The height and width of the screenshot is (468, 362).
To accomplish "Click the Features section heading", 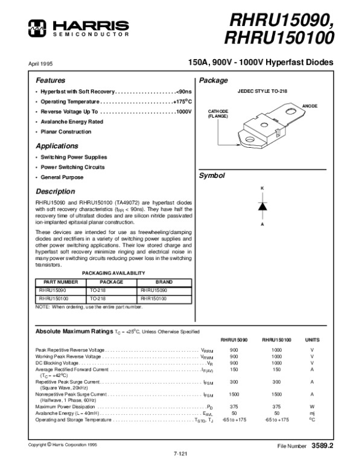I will pos(50,80).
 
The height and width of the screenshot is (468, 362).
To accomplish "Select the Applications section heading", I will pos(57,146).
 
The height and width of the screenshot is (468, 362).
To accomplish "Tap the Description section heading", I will pos(56,191).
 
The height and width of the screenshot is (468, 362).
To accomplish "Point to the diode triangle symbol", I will pos(262,205).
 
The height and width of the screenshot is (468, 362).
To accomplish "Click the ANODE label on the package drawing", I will pos(310,106).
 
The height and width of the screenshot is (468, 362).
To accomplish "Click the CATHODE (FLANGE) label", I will pos(219,114).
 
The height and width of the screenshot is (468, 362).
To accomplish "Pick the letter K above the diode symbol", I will pos(262,189).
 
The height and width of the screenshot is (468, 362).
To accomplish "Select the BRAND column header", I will pos(164,282).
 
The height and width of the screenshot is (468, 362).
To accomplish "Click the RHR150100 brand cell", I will pos(154,298).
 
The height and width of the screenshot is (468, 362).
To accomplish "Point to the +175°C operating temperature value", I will pos(182,101).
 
